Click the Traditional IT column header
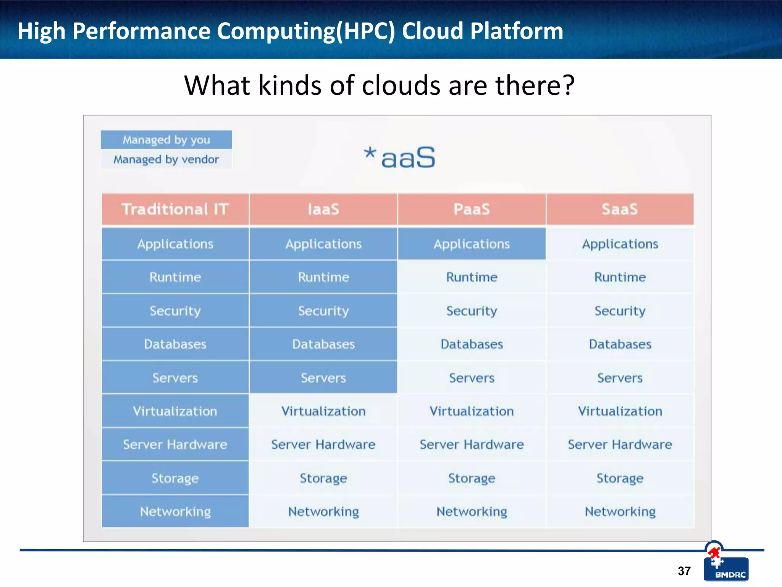coord(175,209)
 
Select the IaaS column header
coord(323,209)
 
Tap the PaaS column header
coord(472,209)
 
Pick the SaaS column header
coord(620,209)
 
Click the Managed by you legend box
coord(166,140)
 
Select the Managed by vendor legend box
coord(166,159)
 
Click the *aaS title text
coord(399,157)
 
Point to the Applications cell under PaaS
coord(472,244)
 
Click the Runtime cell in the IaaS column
coord(323,277)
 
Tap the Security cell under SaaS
coord(620,311)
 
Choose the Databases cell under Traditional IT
coord(175,344)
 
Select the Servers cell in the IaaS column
coord(323,378)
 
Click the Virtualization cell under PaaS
coord(472,411)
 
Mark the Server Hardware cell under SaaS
coord(620,444)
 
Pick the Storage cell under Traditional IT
coord(175,478)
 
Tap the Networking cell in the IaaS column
coord(323,511)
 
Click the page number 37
coord(684,571)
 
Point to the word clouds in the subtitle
coord(401,85)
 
